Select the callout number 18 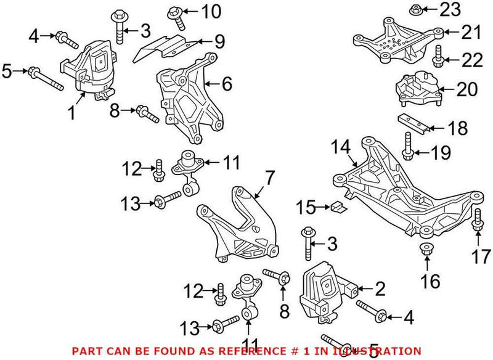[457, 129]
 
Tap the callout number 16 [431, 282]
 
